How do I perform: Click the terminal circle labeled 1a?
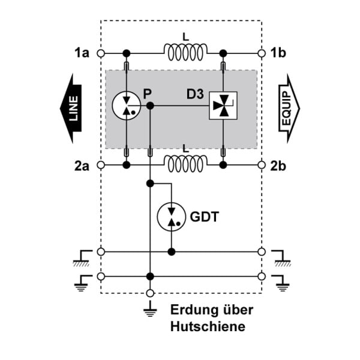(101, 53)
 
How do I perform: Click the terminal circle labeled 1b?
(262, 53)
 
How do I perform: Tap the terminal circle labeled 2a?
(101, 165)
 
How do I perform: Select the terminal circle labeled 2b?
(262, 165)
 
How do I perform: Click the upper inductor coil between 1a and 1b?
(185, 52)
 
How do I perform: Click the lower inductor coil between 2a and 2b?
(185, 163)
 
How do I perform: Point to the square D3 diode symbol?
(223, 106)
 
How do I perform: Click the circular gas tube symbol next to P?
(126, 106)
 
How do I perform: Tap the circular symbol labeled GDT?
(171, 217)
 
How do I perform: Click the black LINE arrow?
(71, 109)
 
